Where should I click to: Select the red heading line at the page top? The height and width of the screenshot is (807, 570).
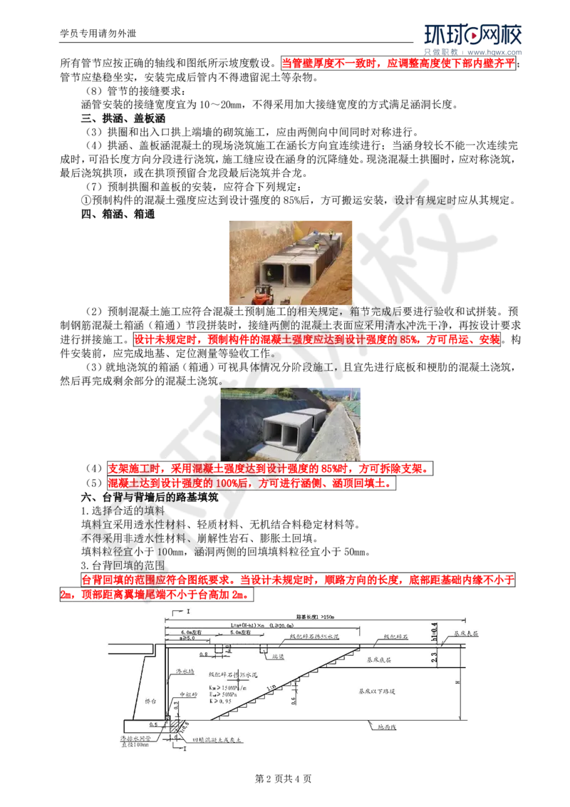[398, 63]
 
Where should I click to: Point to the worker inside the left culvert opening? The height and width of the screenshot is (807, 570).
[269, 274]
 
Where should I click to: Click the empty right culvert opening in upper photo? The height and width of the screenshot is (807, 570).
[300, 274]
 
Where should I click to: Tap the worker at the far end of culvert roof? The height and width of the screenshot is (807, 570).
[331, 233]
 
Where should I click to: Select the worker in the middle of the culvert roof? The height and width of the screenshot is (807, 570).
[316, 247]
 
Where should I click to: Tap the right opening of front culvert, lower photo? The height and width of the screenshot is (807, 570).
[290, 436]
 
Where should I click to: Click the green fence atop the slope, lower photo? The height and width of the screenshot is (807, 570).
[246, 396]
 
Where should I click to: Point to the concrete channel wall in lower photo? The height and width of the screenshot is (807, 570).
[333, 438]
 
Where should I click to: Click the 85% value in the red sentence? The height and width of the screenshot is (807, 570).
[409, 340]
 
